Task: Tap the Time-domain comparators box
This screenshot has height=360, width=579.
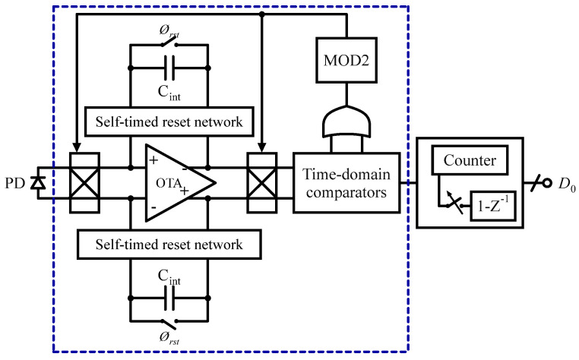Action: [x=346, y=182]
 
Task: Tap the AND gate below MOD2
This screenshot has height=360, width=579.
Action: [x=346, y=121]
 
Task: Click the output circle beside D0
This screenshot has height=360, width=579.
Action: [x=544, y=183]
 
